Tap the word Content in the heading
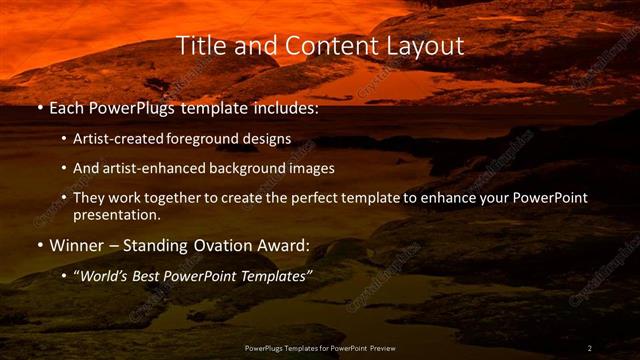click(x=328, y=46)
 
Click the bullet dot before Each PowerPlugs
click(x=39, y=109)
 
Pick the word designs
click(x=269, y=139)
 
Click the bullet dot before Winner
click(x=39, y=245)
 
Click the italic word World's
click(x=105, y=275)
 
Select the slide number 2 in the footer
click(x=589, y=348)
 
